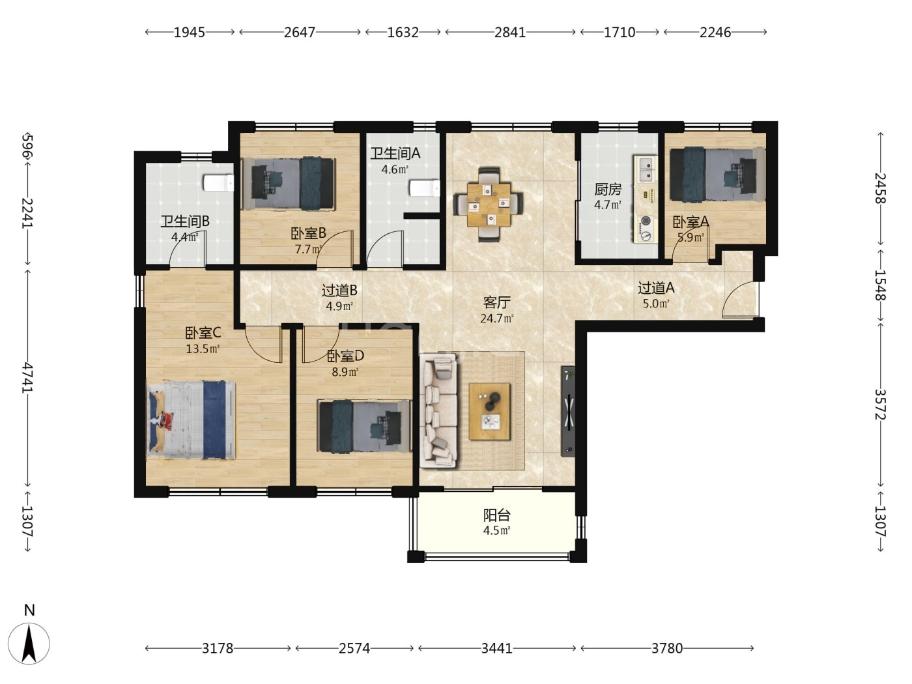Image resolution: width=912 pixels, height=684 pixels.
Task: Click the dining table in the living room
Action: coord(489,205)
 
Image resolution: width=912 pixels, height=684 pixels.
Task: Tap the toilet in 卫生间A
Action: coord(425,188)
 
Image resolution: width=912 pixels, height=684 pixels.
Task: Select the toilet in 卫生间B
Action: coord(218,183)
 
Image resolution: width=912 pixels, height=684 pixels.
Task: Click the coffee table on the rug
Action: coord(489,411)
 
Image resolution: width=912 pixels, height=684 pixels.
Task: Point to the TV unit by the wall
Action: coord(568,411)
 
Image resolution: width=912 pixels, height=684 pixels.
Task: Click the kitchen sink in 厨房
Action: coord(646,169)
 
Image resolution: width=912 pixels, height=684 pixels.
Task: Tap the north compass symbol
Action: coord(29,643)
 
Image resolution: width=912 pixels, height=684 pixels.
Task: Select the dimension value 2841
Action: coord(510,33)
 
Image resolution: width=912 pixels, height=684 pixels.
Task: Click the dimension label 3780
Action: coord(667,648)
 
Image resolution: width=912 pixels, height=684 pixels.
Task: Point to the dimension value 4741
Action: coord(27,377)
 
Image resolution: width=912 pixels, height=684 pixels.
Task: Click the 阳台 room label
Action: coord(496,515)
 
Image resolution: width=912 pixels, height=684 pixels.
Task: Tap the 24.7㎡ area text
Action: coord(497,319)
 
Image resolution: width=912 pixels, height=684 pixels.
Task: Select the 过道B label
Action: coord(339,291)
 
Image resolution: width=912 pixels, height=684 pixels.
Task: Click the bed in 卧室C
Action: coord(192,420)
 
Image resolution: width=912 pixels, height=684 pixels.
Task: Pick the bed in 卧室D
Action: coord(364,426)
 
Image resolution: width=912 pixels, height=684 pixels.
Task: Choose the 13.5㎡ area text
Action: coord(203,349)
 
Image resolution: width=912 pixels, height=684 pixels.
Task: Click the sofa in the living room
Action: coord(440,410)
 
